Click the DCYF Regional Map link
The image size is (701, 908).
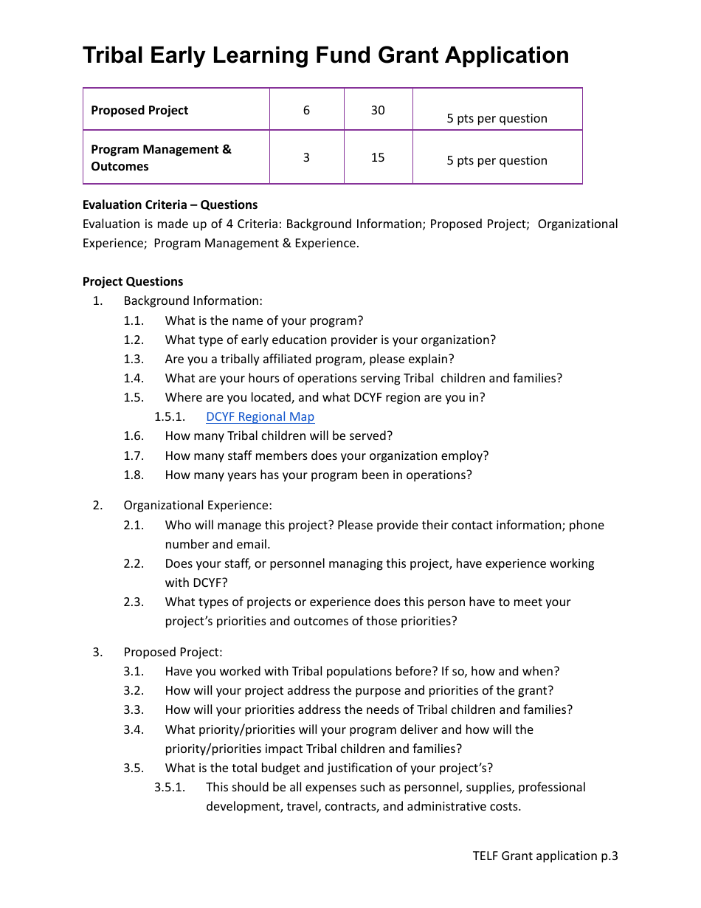coord(260,417)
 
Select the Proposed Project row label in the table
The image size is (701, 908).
coord(139,110)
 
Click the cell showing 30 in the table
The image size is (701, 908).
coord(378,110)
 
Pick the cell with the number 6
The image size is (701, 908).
coord(306,110)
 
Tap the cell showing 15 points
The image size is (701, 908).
coord(378,157)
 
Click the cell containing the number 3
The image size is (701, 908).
coord(306,157)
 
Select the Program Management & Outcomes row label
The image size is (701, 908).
coord(161,158)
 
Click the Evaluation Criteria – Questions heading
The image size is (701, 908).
coord(170,204)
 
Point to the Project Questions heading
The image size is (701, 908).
coord(133,281)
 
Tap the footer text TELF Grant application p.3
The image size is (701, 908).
coord(545,856)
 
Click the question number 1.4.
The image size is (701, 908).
coord(134,378)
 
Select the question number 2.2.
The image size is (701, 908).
coord(134,563)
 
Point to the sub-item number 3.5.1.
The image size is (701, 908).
coord(169,787)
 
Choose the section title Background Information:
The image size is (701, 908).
coord(193,300)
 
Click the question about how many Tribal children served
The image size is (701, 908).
coord(279,436)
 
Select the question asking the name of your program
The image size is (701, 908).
coord(264,320)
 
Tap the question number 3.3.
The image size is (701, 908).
coord(134,709)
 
